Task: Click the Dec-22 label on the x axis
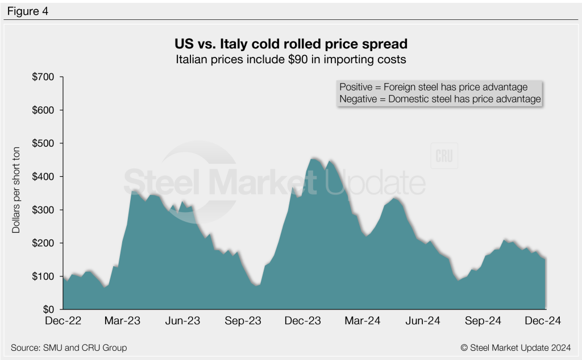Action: pos(63,321)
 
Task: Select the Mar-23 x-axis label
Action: pos(123,321)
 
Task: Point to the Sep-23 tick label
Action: pos(242,321)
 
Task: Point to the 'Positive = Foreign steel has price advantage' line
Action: pos(433,87)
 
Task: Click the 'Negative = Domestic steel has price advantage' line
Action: pos(439,99)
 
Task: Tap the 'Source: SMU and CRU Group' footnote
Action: pos(68,347)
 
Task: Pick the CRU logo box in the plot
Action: pos(444,156)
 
